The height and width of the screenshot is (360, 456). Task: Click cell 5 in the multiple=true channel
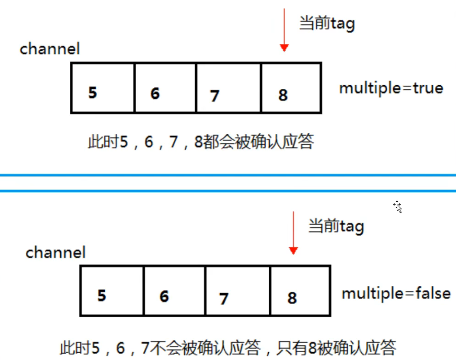[x=103, y=88]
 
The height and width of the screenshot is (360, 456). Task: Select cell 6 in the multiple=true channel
[x=165, y=88]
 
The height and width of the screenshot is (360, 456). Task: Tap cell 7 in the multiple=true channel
[x=228, y=88]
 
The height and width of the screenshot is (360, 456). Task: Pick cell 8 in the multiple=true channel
[x=291, y=88]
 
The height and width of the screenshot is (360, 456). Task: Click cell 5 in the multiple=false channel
[x=112, y=291]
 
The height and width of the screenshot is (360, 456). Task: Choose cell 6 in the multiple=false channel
[x=174, y=291]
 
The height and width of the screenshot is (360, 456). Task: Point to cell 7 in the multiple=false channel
[x=238, y=291]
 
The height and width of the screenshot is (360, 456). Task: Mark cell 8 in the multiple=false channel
[x=300, y=291]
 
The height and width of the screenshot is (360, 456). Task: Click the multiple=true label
[x=391, y=88]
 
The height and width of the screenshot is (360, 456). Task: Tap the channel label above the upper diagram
[x=50, y=49]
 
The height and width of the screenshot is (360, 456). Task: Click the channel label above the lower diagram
[x=56, y=252]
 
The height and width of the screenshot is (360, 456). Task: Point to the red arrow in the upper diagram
[x=284, y=30]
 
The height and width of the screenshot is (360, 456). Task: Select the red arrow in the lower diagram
[x=294, y=232]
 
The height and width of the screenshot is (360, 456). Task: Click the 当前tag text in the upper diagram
[x=327, y=24]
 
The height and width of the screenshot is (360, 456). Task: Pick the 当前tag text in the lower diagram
[x=336, y=227]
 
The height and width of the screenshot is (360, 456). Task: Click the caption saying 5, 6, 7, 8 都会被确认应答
[x=200, y=142]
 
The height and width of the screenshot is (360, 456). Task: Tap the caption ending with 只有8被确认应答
[x=227, y=348]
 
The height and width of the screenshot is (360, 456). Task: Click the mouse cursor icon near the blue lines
[x=398, y=206]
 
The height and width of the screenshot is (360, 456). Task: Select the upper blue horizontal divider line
[x=228, y=175]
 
